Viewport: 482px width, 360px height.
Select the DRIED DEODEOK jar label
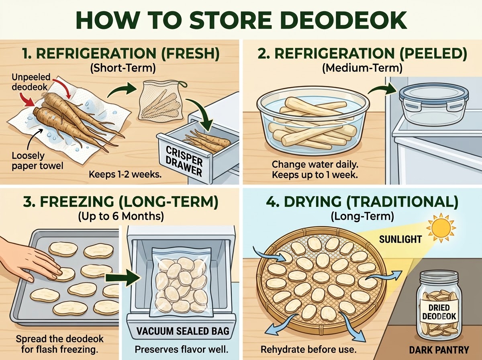[x=439, y=312]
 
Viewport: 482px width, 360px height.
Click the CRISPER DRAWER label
[x=184, y=161]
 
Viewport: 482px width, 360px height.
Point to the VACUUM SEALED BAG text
[x=183, y=331]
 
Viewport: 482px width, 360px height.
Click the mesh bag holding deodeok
[x=161, y=100]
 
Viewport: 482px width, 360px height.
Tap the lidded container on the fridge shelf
[x=433, y=105]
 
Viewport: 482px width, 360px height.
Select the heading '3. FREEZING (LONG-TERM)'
[x=120, y=202]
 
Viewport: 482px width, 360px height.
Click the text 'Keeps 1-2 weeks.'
[x=125, y=175]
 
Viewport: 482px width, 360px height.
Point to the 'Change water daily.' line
[x=315, y=164]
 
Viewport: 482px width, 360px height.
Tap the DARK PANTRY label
[x=439, y=350]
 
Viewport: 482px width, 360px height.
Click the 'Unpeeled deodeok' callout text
[x=31, y=82]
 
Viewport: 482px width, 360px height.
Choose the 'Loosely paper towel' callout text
[x=37, y=161]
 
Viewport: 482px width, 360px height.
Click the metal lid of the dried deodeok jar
[x=439, y=277]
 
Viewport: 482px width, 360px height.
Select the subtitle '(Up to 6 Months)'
[x=121, y=216]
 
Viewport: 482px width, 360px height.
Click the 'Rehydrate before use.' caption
[x=308, y=349]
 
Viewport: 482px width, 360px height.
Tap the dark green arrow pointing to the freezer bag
[x=123, y=278]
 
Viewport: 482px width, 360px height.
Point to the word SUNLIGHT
[x=400, y=239]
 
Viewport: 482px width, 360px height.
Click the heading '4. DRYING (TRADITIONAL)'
[x=362, y=202]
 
